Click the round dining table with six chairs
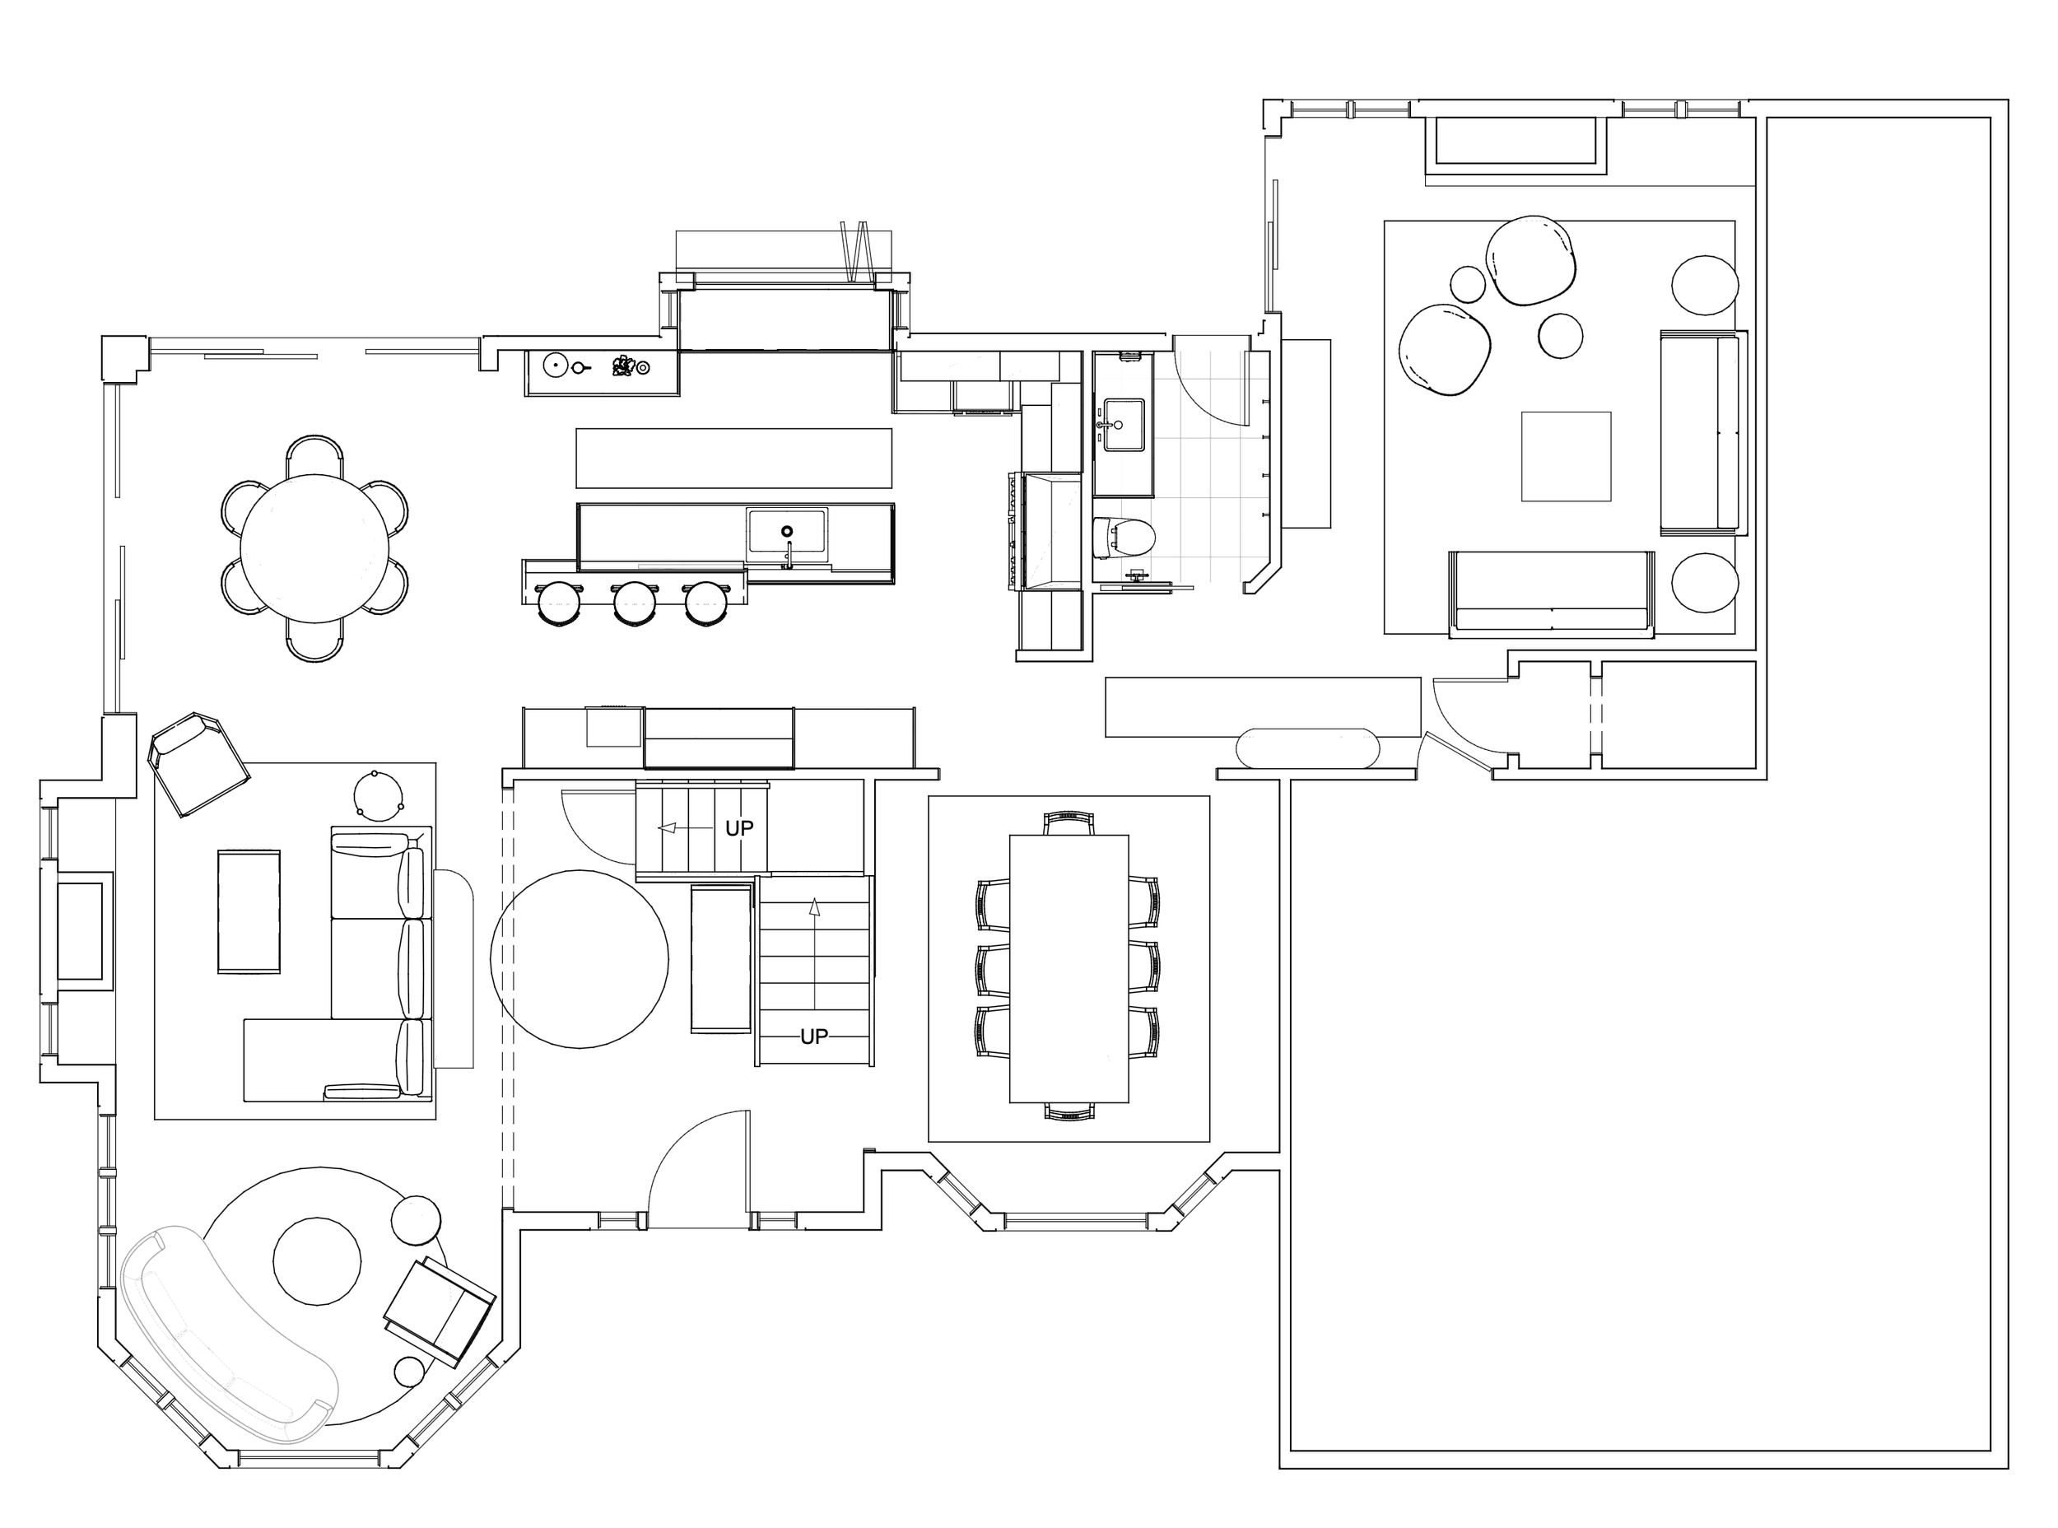point(314,547)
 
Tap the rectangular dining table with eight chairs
point(1069,967)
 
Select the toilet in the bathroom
point(1124,538)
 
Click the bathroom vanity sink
point(1124,425)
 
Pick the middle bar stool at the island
point(635,603)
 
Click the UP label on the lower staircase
point(814,1037)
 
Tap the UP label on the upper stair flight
point(739,828)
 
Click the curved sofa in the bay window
point(222,1336)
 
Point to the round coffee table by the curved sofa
point(317,1260)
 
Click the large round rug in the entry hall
point(579,959)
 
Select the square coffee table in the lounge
point(1566,456)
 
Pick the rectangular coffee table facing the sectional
point(249,911)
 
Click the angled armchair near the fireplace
point(199,764)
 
